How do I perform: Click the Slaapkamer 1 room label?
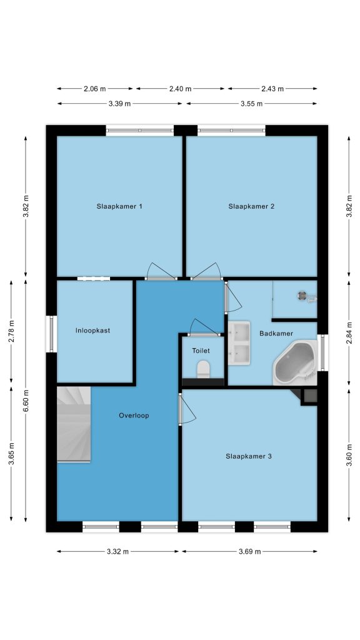pyautogui.click(x=119, y=206)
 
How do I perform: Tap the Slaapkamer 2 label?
pyautogui.click(x=251, y=206)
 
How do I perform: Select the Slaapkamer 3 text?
pyautogui.click(x=249, y=456)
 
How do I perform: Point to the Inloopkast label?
pyautogui.click(x=92, y=330)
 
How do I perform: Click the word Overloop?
pyautogui.click(x=134, y=416)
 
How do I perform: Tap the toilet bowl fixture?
pyautogui.click(x=203, y=369)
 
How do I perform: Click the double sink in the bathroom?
pyautogui.click(x=239, y=343)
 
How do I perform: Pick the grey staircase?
pyautogui.click(x=74, y=424)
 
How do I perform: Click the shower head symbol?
pyautogui.click(x=302, y=296)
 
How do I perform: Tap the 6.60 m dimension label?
pyautogui.click(x=26, y=401)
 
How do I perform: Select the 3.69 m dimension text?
pyautogui.click(x=250, y=551)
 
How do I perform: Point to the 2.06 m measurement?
pyautogui.click(x=95, y=89)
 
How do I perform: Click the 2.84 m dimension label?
pyautogui.click(x=349, y=333)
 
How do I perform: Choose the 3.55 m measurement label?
pyautogui.click(x=252, y=104)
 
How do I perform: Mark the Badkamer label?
pyautogui.click(x=276, y=334)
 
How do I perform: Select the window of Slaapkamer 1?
pyautogui.click(x=139, y=131)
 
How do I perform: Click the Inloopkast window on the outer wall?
pyautogui.click(x=51, y=334)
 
